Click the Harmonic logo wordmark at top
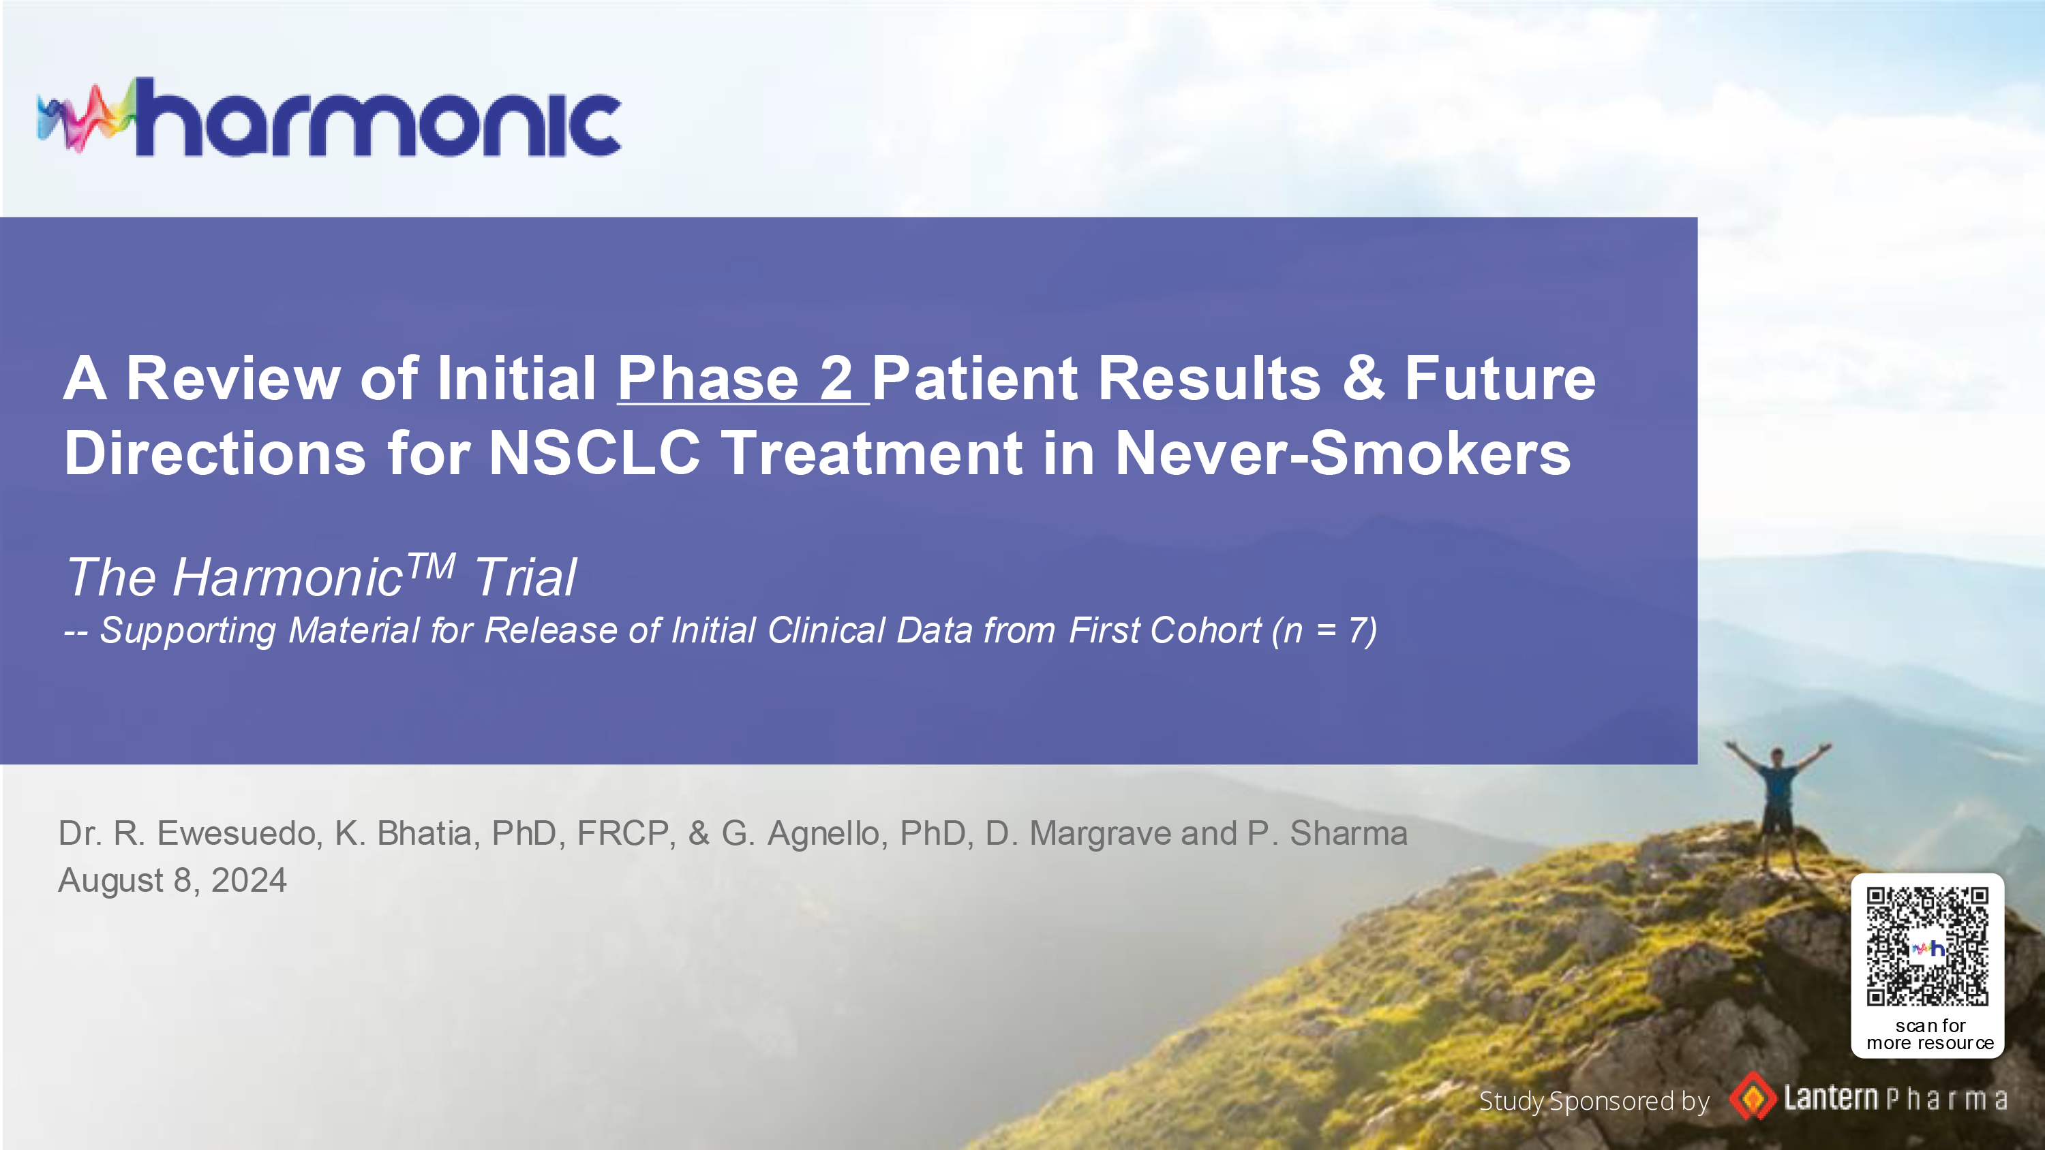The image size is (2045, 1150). pos(378,117)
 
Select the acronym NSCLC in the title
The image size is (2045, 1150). pos(594,453)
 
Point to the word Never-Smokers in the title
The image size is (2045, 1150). pos(1342,453)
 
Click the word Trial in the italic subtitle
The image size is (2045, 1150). pos(526,577)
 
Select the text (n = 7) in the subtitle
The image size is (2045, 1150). pos(1324,631)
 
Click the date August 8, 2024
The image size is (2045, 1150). pos(172,880)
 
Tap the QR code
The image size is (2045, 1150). pos(1928,947)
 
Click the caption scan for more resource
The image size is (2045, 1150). pos(1930,1035)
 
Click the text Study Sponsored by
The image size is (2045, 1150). pos(1594,1102)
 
